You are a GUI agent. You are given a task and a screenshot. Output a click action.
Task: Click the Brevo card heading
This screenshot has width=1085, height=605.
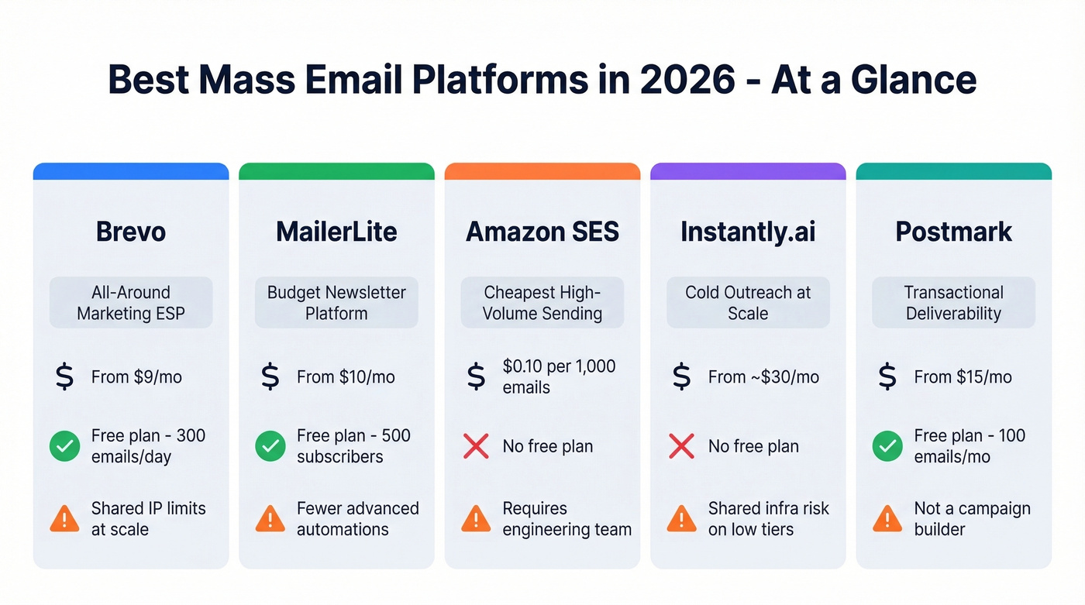[x=130, y=232]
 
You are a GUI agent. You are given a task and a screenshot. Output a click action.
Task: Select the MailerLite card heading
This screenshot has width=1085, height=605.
[x=336, y=232]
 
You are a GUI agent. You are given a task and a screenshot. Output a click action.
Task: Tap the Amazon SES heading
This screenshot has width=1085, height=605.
[x=542, y=232]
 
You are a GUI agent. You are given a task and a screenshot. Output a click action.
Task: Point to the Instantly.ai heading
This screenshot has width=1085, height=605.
[x=748, y=232]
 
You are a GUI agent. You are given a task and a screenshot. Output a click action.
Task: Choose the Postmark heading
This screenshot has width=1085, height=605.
[x=953, y=232]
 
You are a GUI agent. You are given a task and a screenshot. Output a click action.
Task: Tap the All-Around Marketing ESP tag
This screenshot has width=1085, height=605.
[x=130, y=303]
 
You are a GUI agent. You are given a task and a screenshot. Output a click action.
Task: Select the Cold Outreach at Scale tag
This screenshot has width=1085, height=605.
[x=748, y=303]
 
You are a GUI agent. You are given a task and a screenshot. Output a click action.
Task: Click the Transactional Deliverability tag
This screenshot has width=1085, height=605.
[x=953, y=303]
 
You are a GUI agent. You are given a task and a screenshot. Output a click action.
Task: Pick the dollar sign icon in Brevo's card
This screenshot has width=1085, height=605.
[x=64, y=377]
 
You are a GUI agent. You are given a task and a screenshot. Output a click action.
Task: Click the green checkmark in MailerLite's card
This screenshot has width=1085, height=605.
[x=270, y=446]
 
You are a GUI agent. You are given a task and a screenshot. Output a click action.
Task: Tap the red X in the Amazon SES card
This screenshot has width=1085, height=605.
[x=476, y=446]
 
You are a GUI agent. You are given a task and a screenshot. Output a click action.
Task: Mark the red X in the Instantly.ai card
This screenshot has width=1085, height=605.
[x=681, y=446]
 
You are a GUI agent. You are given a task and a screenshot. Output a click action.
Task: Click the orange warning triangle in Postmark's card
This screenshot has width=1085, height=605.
[x=887, y=519]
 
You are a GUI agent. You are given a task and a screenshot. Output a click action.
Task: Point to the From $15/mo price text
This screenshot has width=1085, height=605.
[x=963, y=377]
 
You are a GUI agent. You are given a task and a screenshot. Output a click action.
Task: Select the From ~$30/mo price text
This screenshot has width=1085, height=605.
[x=763, y=377]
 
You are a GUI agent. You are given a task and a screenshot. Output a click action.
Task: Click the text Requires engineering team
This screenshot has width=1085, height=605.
[x=567, y=519]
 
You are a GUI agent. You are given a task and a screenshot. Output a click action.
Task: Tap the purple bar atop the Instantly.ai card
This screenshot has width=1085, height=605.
[x=748, y=171]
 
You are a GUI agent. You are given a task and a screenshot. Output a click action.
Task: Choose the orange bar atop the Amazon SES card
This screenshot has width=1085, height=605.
[x=542, y=171]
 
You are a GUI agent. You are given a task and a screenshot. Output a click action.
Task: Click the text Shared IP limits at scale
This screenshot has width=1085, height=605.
[x=149, y=519]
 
